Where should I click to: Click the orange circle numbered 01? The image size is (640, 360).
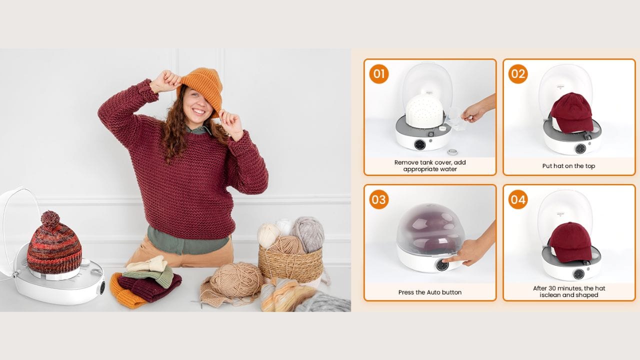pyautogui.click(x=379, y=74)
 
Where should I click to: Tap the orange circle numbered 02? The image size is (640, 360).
pyautogui.click(x=518, y=74)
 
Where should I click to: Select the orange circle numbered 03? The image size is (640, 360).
pyautogui.click(x=379, y=199)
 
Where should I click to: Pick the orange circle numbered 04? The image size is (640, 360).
pyautogui.click(x=518, y=199)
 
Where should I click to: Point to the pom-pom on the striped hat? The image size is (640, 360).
pyautogui.click(x=50, y=219)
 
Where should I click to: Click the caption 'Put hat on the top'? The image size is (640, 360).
pyautogui.click(x=568, y=166)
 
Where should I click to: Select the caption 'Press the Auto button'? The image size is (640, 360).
pyautogui.click(x=429, y=292)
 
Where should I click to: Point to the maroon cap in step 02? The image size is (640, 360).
pyautogui.click(x=571, y=113)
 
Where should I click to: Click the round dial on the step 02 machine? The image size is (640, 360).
pyautogui.click(x=580, y=149)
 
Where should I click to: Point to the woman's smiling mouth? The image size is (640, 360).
pyautogui.click(x=199, y=111)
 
